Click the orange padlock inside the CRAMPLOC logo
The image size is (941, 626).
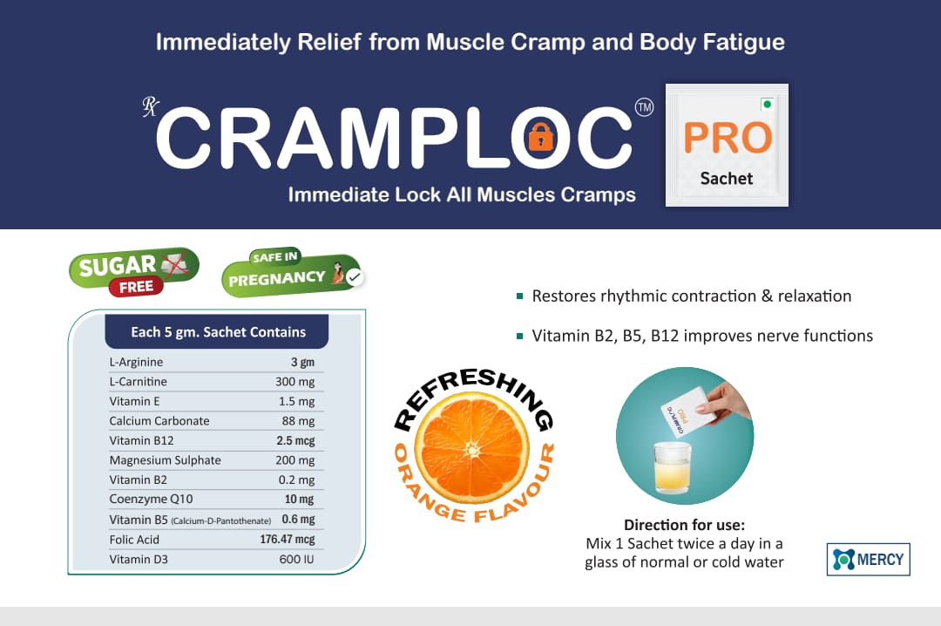pyautogui.click(x=541, y=138)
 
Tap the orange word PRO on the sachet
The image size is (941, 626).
pyautogui.click(x=728, y=138)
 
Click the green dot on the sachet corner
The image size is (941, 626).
pyautogui.click(x=767, y=105)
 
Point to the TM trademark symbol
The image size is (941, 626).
pyautogui.click(x=644, y=107)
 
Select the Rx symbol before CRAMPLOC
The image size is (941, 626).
pyautogui.click(x=150, y=106)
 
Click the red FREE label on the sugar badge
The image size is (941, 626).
pyautogui.click(x=136, y=287)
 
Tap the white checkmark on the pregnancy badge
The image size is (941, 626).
pyautogui.click(x=355, y=277)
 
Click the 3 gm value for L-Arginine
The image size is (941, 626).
pyautogui.click(x=302, y=363)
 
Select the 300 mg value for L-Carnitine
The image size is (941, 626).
pyautogui.click(x=294, y=382)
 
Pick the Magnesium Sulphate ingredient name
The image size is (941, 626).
pyautogui.click(x=165, y=460)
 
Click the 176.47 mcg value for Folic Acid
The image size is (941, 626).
pyautogui.click(x=287, y=540)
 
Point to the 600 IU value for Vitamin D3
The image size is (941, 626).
pyautogui.click(x=296, y=560)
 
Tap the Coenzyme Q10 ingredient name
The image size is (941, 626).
pyautogui.click(x=152, y=499)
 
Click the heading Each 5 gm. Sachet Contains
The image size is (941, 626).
pyautogui.click(x=219, y=332)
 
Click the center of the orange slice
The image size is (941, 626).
pyautogui.click(x=472, y=449)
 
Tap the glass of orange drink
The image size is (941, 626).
pyautogui.click(x=672, y=467)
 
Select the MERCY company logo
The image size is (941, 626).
pyautogui.click(x=869, y=560)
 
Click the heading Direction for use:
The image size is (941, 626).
pyautogui.click(x=684, y=525)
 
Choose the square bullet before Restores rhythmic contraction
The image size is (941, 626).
pyautogui.click(x=519, y=296)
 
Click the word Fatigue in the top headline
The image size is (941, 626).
pyautogui.click(x=743, y=43)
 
